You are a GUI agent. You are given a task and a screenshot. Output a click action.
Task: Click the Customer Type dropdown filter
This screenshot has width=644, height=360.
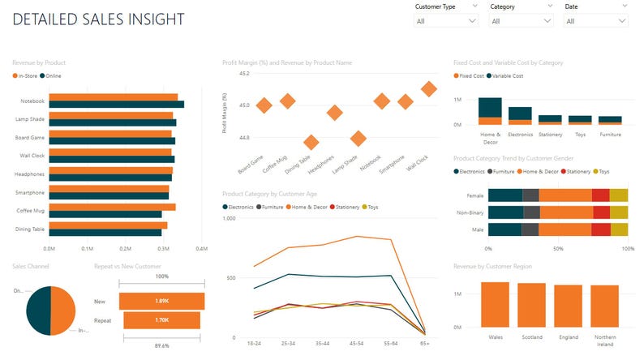point(445,21)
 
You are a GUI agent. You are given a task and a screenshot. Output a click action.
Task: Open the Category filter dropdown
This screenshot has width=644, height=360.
point(520,21)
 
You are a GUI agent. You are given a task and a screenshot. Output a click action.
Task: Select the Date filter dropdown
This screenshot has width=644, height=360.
point(595,21)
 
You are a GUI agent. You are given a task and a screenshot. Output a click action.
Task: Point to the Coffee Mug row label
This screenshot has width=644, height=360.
point(29,211)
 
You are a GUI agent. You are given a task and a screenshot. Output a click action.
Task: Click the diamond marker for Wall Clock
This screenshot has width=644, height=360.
point(429,88)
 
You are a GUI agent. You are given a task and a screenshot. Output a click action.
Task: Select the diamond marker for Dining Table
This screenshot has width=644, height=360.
point(311,143)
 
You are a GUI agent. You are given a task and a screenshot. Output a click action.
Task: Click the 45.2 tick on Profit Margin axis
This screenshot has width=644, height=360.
point(244,74)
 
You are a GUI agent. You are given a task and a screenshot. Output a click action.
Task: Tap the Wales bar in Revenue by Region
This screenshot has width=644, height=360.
point(495,303)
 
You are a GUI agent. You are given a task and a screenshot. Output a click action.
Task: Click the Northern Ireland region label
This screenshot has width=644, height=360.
point(604,338)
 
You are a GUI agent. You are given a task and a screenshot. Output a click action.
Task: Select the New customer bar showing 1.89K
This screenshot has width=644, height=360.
point(161,301)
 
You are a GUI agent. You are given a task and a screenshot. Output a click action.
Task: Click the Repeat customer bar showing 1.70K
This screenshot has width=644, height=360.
point(161,320)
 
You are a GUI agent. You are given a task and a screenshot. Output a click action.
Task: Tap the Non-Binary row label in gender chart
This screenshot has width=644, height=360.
point(470,213)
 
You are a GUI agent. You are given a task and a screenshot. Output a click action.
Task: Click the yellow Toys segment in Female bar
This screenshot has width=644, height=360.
point(619,195)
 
